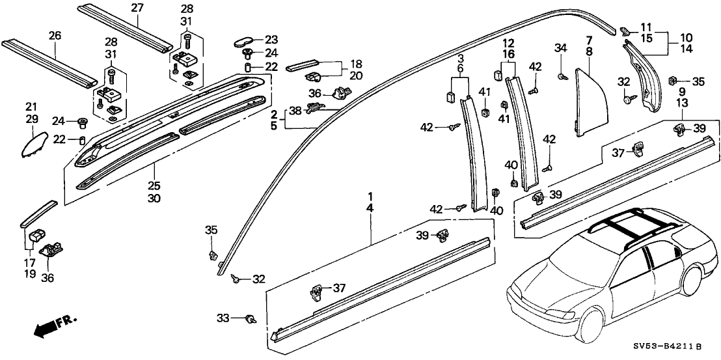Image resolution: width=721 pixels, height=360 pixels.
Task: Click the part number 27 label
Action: (x=136, y=8)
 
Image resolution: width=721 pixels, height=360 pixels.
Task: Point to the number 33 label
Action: (x=223, y=318)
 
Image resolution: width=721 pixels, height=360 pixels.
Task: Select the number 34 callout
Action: (x=560, y=47)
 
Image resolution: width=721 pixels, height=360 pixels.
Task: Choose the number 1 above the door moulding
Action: (x=370, y=196)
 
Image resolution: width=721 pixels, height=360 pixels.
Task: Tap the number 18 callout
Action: (x=355, y=65)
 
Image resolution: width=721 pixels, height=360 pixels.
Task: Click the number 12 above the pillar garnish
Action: (x=508, y=43)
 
